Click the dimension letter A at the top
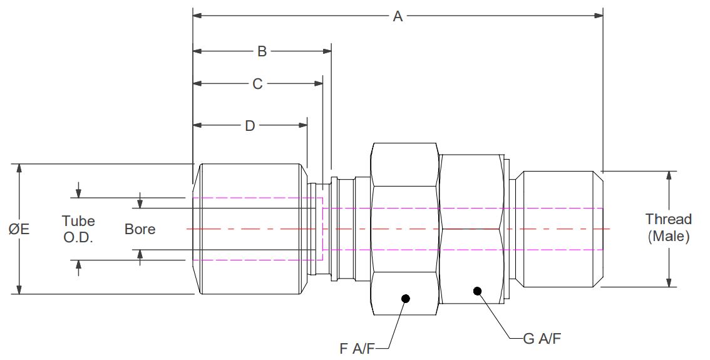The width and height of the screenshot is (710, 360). [398, 17]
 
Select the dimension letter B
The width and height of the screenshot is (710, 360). [262, 51]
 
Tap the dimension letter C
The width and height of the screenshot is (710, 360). [257, 83]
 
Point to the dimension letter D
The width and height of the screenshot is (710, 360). [250, 126]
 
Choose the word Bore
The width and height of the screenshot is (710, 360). [140, 229]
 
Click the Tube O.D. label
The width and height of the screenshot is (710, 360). [78, 229]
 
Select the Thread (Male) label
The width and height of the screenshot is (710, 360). [669, 228]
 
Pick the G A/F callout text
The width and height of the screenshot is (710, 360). [542, 339]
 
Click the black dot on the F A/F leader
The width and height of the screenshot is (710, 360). [405, 298]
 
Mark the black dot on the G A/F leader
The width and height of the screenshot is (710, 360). [478, 291]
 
